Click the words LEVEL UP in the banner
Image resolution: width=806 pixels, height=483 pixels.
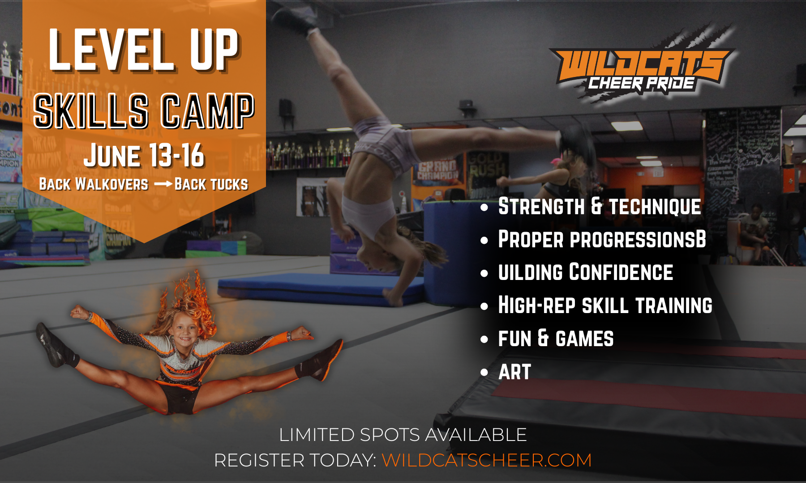click(143, 49)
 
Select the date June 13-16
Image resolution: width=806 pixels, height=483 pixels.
click(144, 156)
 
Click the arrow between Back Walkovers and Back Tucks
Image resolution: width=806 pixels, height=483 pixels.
click(163, 184)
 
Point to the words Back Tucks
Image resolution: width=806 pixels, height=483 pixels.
click(211, 184)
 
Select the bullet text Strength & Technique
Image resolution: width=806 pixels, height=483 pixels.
click(600, 207)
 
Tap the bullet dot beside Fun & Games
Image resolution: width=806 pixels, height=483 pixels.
click(484, 339)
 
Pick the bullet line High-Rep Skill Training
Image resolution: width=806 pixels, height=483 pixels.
click(605, 305)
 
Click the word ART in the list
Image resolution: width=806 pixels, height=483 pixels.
click(514, 372)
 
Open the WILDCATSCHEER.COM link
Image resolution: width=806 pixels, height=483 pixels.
click(486, 460)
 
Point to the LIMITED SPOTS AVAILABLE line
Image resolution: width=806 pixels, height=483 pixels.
click(403, 435)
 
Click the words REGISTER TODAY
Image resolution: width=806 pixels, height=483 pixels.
click(296, 460)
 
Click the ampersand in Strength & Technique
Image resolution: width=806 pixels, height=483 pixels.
click(596, 207)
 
